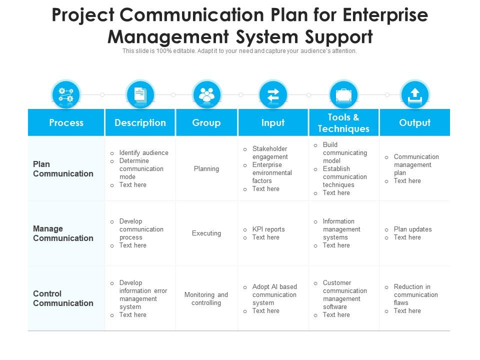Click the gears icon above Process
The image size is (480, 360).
click(x=66, y=94)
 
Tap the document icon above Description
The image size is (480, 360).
click(x=140, y=94)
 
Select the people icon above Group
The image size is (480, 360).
click(x=206, y=94)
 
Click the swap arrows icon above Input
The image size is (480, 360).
click(x=273, y=95)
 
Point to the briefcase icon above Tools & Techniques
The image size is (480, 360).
click(x=343, y=95)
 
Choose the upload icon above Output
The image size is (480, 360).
click(x=415, y=95)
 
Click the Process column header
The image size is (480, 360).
click(x=66, y=122)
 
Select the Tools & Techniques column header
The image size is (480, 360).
click(x=343, y=122)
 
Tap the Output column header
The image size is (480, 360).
click(x=415, y=122)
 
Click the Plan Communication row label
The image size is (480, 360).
click(x=63, y=168)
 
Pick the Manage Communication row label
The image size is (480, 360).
click(x=63, y=233)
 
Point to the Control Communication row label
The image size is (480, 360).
click(x=63, y=298)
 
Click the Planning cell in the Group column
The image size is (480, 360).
click(x=206, y=168)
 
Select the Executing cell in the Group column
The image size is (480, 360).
click(x=206, y=233)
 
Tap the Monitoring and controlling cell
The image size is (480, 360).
click(x=206, y=298)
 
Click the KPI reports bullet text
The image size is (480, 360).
click(x=268, y=229)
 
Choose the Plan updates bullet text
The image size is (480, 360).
click(x=412, y=229)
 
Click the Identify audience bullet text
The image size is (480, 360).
click(x=143, y=153)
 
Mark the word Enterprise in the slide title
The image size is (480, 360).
click(x=385, y=14)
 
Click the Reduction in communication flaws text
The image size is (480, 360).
click(x=415, y=294)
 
